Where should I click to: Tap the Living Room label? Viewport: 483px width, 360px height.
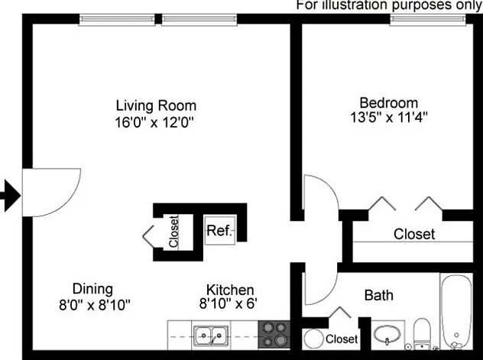pos(156,105)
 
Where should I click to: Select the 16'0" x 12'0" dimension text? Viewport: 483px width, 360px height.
pos(154,122)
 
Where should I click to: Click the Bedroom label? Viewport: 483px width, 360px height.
pos(389,103)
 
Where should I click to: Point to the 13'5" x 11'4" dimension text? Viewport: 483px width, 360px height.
pos(389,118)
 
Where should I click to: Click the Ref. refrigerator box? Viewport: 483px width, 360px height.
pos(220,230)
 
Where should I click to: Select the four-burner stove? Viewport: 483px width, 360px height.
pos(274,335)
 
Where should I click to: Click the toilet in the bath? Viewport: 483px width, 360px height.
pos(422,334)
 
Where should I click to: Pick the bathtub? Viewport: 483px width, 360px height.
pos(456,311)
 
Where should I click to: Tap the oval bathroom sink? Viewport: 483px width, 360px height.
pos(387,335)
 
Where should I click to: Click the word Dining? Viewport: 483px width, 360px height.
pos(92,289)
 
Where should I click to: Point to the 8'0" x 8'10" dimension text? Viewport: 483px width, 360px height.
pos(95,305)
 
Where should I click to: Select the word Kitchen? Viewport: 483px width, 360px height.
pos(230,290)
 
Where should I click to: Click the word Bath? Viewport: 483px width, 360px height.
pos(379,295)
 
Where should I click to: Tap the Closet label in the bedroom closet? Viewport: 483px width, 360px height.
pos(414,234)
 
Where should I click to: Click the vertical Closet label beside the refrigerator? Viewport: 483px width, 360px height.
pos(173,232)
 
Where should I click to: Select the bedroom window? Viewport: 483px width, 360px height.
pos(428,19)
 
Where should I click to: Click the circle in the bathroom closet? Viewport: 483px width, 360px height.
pos(313,339)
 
